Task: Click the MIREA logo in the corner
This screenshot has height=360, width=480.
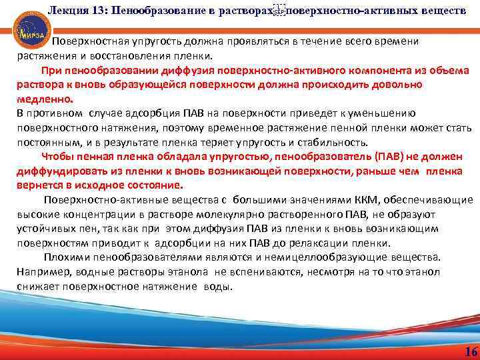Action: tap(23, 27)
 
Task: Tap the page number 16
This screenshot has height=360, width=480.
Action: tap(469, 352)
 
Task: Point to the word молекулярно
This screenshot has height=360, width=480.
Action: tap(246, 214)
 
